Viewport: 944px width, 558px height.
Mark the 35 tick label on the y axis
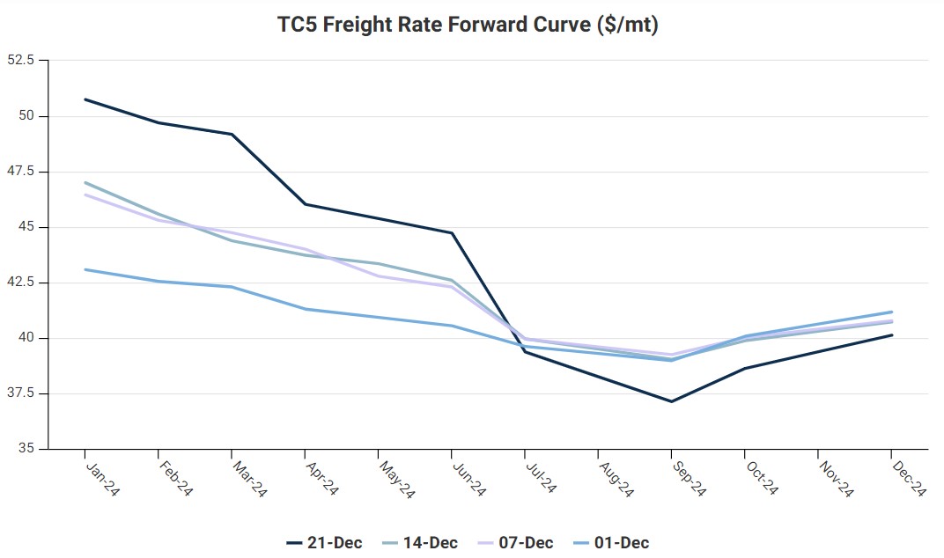pos(26,449)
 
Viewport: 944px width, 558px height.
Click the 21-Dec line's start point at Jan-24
pos(85,99)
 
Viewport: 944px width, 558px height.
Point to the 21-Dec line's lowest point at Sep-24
pos(672,401)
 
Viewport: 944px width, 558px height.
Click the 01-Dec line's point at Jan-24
pos(85,269)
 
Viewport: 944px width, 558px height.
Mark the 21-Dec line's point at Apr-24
pos(306,204)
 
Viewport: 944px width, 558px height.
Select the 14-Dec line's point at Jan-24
pos(85,182)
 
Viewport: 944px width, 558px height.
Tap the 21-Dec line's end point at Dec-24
pos(892,334)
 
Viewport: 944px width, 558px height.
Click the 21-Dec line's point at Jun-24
pos(453,233)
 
